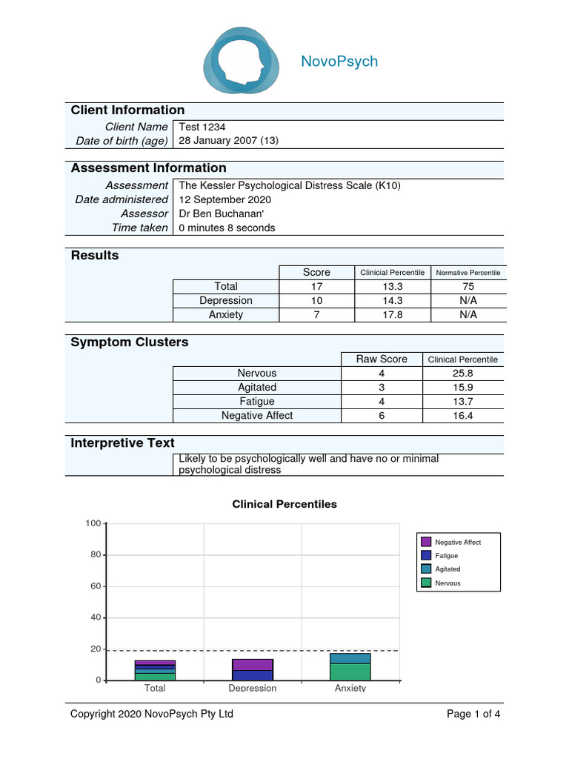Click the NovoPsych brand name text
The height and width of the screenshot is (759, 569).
339,62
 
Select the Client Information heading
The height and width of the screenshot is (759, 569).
127,110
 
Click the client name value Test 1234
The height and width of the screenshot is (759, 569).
202,127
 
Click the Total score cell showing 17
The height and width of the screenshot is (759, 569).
317,286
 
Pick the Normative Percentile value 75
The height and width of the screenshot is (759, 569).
467,286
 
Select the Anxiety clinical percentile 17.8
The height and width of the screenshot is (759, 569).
392,314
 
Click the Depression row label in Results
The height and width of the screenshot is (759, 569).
226,300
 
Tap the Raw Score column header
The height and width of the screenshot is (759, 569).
382,359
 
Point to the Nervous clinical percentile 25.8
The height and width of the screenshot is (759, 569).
463,374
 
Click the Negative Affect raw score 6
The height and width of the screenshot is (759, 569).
382,416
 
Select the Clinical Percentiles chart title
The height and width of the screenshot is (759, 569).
284,504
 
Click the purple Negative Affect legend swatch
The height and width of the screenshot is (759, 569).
426,542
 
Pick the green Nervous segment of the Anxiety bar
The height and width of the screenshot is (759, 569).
350,672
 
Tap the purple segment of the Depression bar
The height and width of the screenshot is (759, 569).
253,664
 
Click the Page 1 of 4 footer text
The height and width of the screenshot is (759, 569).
473,715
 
